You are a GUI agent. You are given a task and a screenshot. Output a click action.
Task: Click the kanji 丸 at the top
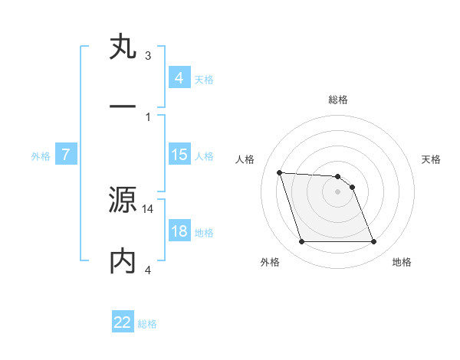point(123,48)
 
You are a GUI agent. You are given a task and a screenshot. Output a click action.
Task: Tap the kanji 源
point(123,201)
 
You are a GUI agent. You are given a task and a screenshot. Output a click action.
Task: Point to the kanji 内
point(123,260)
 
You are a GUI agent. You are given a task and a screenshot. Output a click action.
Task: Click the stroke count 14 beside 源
point(149,208)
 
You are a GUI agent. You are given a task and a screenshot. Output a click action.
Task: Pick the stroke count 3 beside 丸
point(148,56)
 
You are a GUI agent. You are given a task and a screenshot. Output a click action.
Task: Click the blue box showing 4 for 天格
point(179,77)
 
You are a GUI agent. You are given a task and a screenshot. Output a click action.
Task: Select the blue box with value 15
point(179,155)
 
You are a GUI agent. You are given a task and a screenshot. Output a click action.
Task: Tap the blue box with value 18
point(179,231)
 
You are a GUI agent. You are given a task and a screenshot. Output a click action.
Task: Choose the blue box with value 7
point(66,155)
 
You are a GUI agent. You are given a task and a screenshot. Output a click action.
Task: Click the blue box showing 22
point(123,322)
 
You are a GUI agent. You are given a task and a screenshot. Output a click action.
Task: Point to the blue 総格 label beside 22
point(147,324)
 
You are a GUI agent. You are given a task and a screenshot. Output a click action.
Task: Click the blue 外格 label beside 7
point(41,156)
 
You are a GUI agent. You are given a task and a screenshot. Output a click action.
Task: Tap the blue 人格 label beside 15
point(204,156)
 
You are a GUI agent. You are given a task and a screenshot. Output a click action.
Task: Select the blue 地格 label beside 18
point(204,233)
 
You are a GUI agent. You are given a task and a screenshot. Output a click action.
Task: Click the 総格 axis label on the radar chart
point(338,100)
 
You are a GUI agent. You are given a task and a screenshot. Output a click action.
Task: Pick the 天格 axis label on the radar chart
point(432,159)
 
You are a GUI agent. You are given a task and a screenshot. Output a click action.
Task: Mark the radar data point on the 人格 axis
point(279,172)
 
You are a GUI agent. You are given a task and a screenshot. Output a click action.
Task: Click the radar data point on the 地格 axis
point(373,242)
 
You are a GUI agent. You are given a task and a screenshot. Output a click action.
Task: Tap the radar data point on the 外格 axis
point(301,242)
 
